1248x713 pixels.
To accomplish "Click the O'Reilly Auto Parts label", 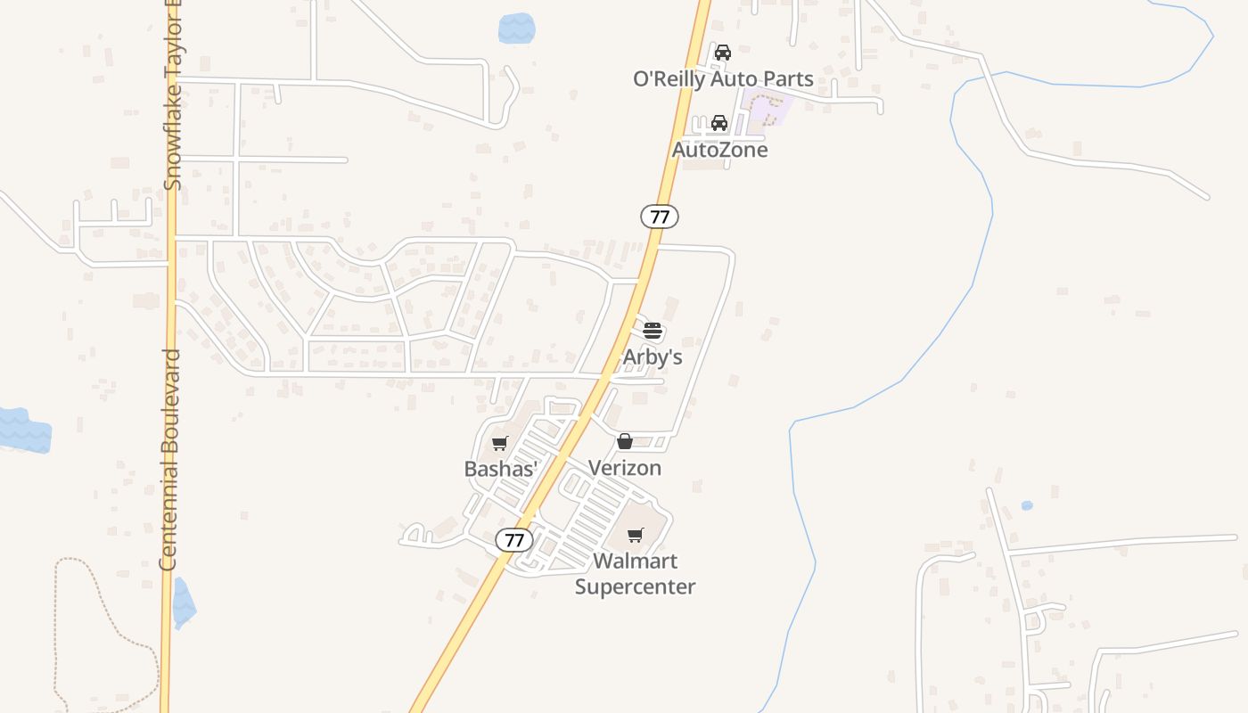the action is click(723, 79).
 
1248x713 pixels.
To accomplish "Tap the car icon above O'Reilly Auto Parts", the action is click(723, 53).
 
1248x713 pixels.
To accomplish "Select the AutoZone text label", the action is click(719, 150).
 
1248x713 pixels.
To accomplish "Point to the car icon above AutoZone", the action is click(719, 123).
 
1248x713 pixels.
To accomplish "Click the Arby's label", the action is click(653, 356).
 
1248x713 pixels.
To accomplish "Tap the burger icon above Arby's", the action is click(653, 331).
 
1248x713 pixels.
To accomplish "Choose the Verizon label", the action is click(625, 468).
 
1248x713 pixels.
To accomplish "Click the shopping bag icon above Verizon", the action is click(625, 441).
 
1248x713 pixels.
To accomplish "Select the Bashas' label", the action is click(500, 469).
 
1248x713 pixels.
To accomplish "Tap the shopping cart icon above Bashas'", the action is click(500, 443).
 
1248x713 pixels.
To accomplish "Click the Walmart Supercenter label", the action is click(635, 574).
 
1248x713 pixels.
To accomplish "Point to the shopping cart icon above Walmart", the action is click(635, 535).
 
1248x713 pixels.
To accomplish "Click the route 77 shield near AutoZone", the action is click(660, 216).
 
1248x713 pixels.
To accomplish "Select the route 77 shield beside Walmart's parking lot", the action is click(514, 540).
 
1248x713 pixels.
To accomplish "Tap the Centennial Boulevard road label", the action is click(169, 460).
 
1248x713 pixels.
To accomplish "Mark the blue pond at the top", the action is click(517, 29).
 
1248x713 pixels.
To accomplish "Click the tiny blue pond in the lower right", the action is click(1027, 505).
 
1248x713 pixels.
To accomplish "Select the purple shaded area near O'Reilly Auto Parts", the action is click(768, 108).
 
